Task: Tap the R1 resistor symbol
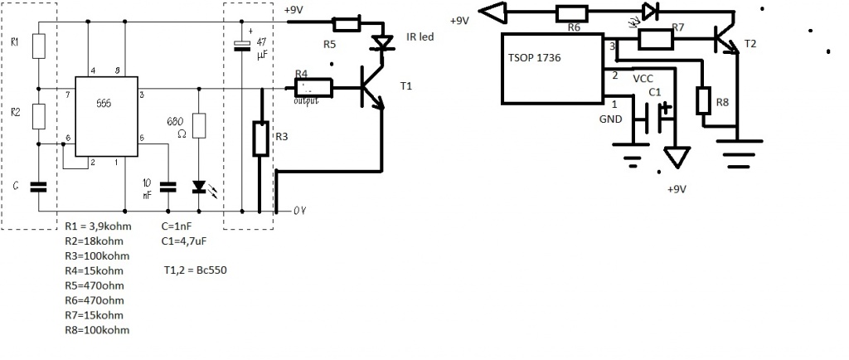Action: tap(38, 46)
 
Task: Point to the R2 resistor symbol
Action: tap(38, 115)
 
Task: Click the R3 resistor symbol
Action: tap(260, 139)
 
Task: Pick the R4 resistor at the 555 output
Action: tap(313, 85)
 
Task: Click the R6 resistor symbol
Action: tap(572, 12)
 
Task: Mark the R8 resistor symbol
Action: tap(704, 101)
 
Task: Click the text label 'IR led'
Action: tap(420, 37)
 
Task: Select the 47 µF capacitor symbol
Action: tap(242, 46)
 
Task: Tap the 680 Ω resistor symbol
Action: tap(198, 126)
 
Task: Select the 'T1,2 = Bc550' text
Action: tap(196, 270)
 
